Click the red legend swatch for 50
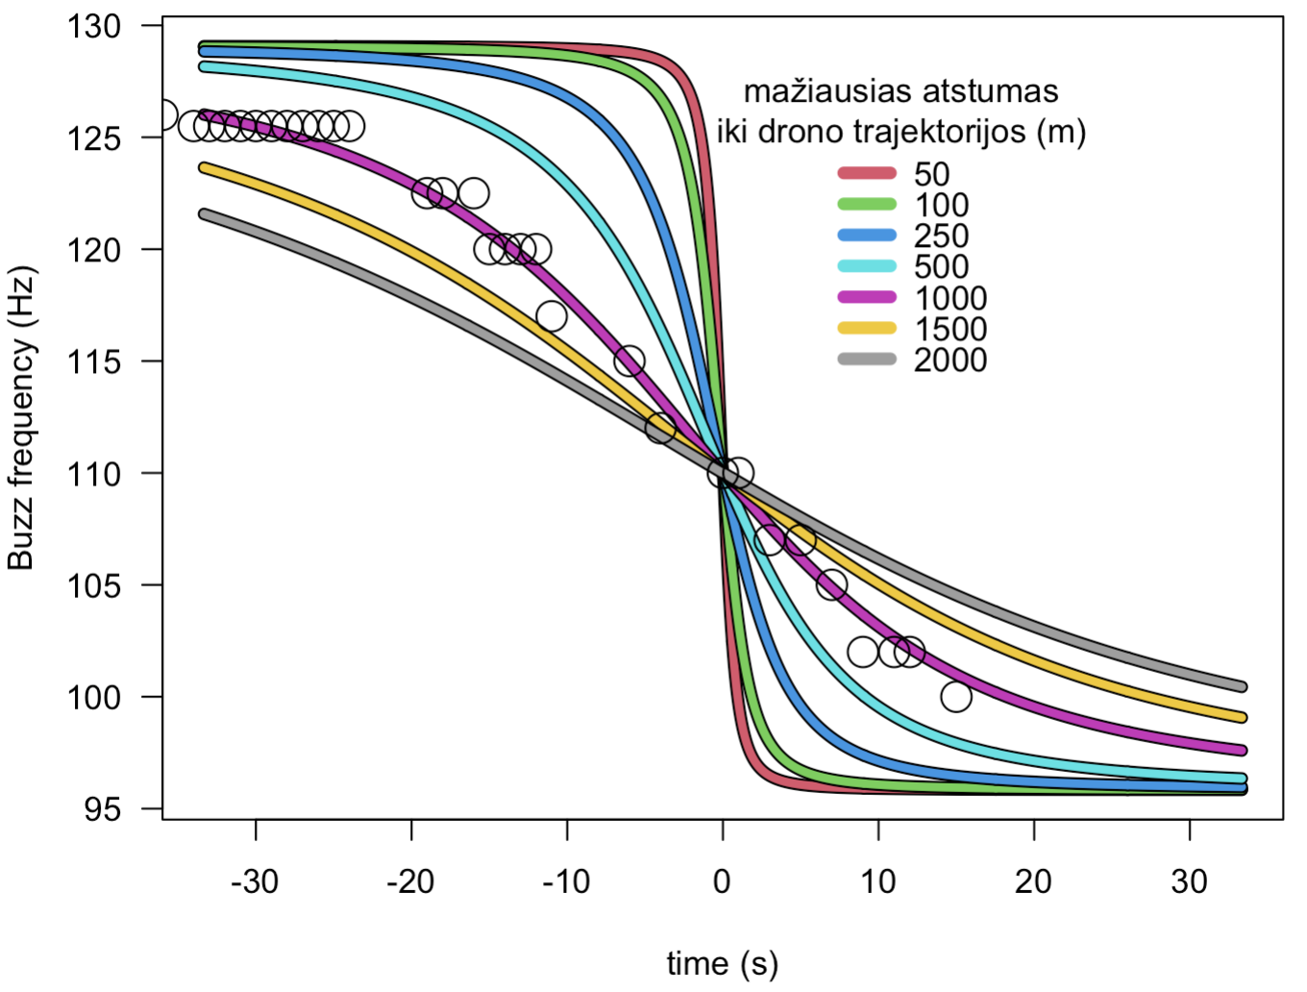point(867,174)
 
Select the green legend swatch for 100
point(867,205)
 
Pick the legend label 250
point(941,236)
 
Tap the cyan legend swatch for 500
point(867,266)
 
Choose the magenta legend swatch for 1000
point(867,298)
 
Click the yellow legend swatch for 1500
point(867,329)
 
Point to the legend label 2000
point(950,360)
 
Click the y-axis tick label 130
point(94,26)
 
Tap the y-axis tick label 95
point(103,809)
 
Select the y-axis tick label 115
point(94,361)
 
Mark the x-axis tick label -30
point(255,880)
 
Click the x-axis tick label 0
point(723,880)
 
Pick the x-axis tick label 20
point(1034,880)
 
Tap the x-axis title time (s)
point(723,963)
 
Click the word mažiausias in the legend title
point(827,92)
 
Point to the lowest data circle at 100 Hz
point(956,696)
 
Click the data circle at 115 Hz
point(629,361)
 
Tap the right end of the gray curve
point(1242,686)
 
